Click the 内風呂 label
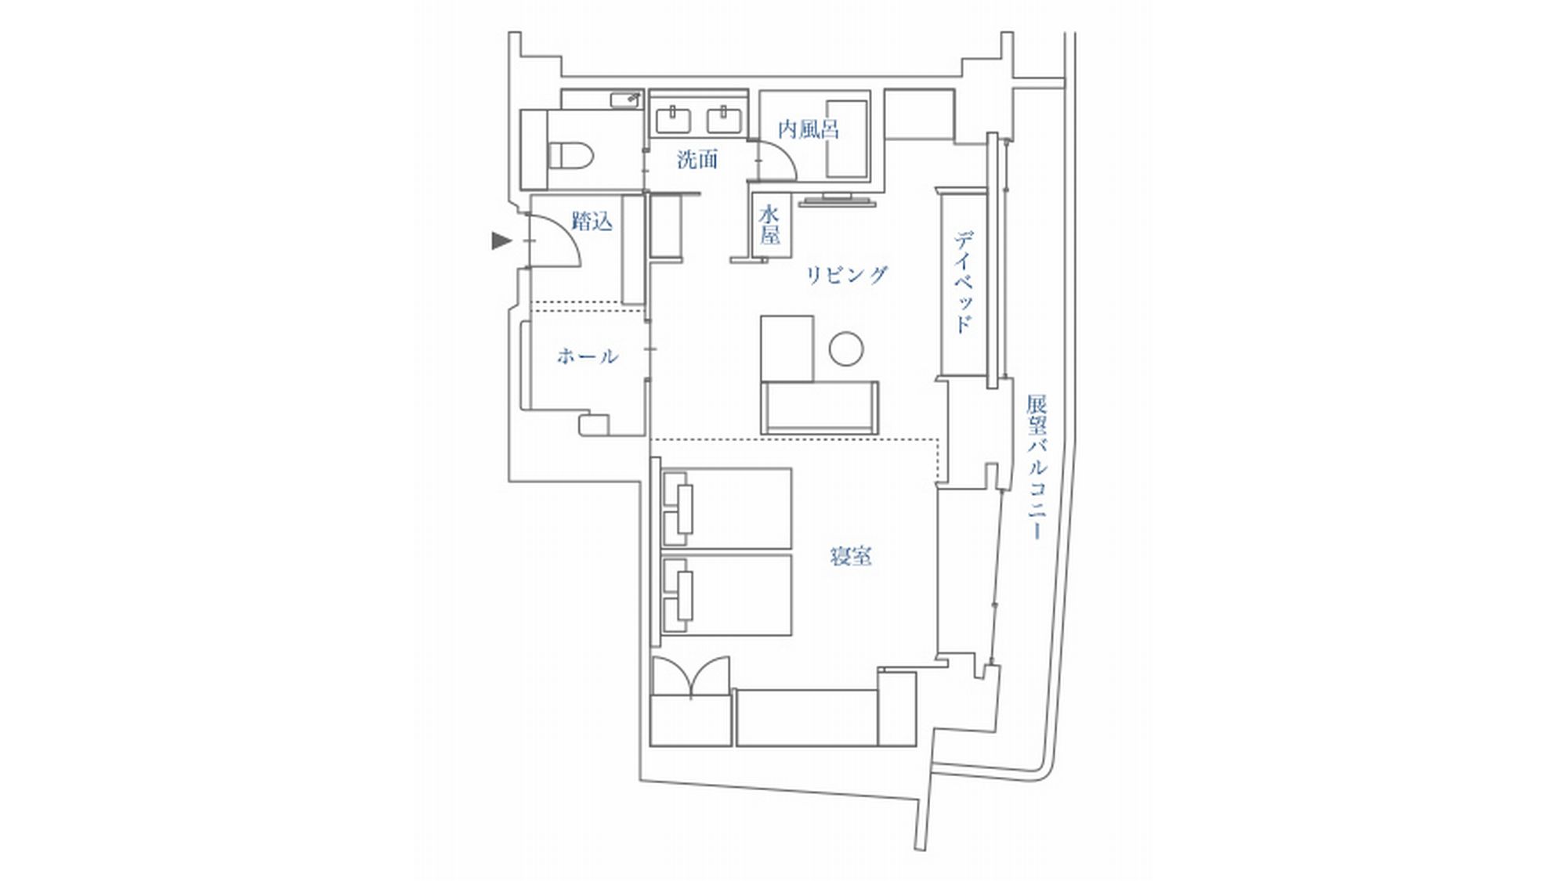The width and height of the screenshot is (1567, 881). point(809,129)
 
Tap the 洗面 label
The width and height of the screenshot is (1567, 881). point(697,160)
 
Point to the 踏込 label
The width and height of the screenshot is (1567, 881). point(592,222)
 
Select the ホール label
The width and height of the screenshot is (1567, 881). point(588,356)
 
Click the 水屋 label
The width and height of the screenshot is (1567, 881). point(769,225)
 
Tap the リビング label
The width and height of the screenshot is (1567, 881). point(847,275)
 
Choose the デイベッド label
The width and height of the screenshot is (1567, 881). point(964,282)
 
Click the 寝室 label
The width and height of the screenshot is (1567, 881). point(851,557)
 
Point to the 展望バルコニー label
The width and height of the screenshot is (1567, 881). point(1037,468)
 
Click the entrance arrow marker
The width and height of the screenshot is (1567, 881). point(501,240)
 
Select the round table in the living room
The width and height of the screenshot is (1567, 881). point(846,348)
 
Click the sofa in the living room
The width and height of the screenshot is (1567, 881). point(820,407)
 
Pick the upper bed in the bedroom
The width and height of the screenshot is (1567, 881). point(726,508)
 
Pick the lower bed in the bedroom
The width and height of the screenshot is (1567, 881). point(726,595)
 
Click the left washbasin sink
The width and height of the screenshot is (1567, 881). point(673,121)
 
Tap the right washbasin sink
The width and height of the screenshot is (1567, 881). point(726,121)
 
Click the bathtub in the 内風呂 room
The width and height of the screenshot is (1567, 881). point(848,139)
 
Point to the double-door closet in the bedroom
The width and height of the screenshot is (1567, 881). point(691,701)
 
